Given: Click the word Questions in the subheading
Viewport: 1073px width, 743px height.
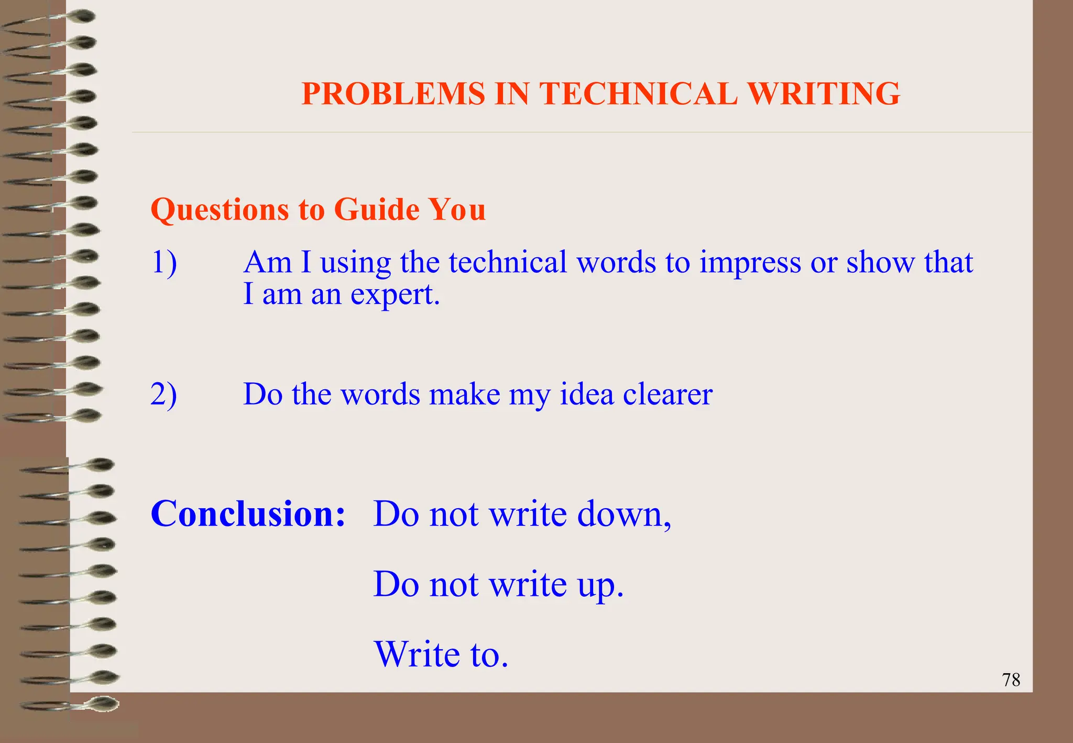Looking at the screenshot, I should (220, 210).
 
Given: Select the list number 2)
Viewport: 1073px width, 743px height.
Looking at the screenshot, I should (164, 394).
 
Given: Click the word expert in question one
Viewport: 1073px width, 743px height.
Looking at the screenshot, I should (395, 294).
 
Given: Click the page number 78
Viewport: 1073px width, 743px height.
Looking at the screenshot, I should (1011, 680).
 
